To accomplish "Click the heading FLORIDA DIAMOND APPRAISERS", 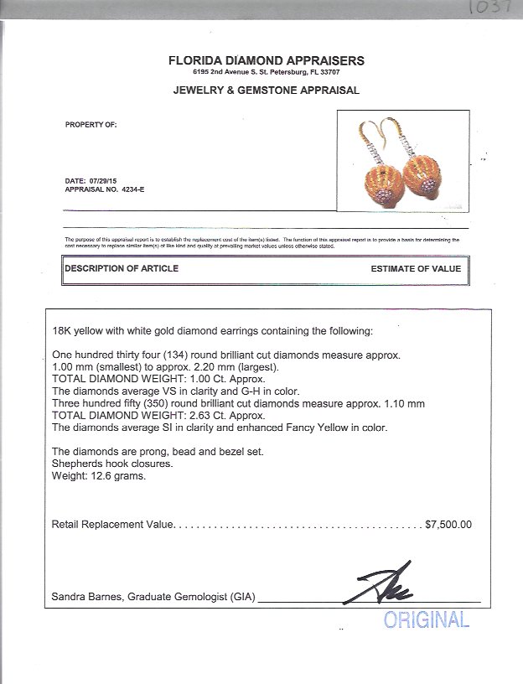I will pyautogui.click(x=267, y=60).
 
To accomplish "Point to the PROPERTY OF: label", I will pyautogui.click(x=91, y=124).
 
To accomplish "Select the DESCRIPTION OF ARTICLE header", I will pyautogui.click(x=122, y=268).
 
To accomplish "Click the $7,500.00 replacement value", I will pyautogui.click(x=448, y=525).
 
